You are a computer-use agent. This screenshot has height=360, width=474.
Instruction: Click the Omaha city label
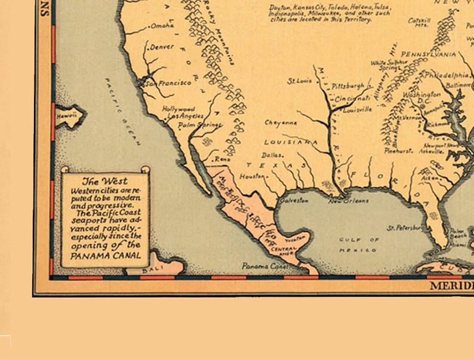pyautogui.click(x=162, y=26)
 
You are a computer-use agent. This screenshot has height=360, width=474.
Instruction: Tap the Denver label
pyautogui.click(x=162, y=47)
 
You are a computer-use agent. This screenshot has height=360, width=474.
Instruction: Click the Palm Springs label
pyautogui.click(x=200, y=125)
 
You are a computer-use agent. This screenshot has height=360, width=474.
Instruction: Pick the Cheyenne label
pyautogui.click(x=281, y=123)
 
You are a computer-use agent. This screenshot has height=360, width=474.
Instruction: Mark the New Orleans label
pyautogui.click(x=349, y=201)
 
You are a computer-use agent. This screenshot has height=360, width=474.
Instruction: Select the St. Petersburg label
pyautogui.click(x=405, y=227)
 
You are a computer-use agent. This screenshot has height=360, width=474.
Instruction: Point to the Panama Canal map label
pyautogui.click(x=264, y=266)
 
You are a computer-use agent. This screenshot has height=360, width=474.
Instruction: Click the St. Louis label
pyautogui.click(x=300, y=81)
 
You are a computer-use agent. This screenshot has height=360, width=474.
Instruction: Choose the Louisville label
pyautogui.click(x=358, y=110)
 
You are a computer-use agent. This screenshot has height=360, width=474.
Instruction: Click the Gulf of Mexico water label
pyautogui.click(x=359, y=245)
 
